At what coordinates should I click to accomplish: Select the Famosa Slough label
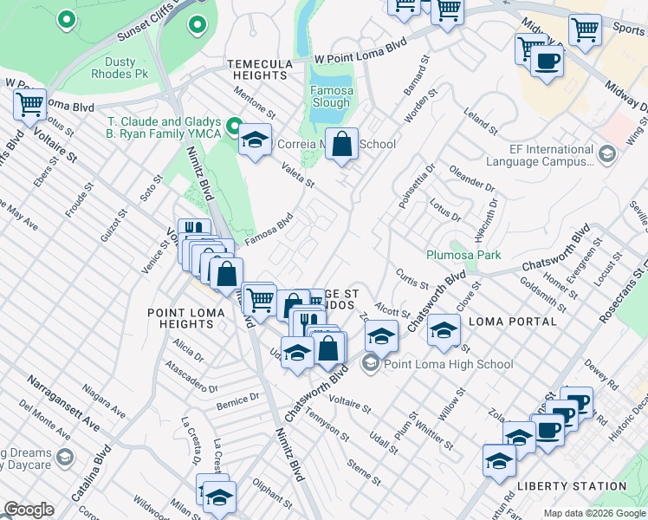(x=331, y=96)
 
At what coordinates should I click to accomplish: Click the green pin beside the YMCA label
(x=233, y=128)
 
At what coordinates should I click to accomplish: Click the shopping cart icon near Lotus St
(x=30, y=105)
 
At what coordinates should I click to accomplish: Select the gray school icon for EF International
(x=606, y=154)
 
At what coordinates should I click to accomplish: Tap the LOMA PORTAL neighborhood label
(x=512, y=322)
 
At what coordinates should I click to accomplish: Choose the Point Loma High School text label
(x=449, y=364)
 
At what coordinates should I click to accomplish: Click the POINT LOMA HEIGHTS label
(x=180, y=318)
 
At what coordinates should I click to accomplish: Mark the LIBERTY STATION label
(x=571, y=486)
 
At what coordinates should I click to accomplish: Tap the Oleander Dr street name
(x=473, y=185)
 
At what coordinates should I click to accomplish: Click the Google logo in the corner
(x=29, y=510)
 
